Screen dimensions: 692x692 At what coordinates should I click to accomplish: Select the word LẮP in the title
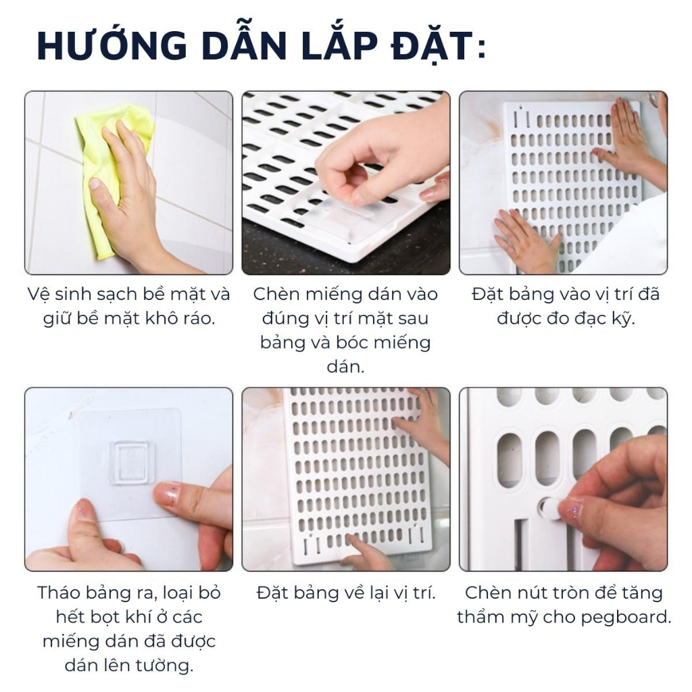tap(339, 46)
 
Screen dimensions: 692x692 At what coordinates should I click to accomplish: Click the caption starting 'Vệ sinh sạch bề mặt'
tap(128, 306)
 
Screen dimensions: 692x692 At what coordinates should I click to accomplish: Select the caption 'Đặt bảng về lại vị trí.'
tap(346, 593)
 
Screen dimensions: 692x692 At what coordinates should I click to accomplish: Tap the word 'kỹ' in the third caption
tap(624, 318)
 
